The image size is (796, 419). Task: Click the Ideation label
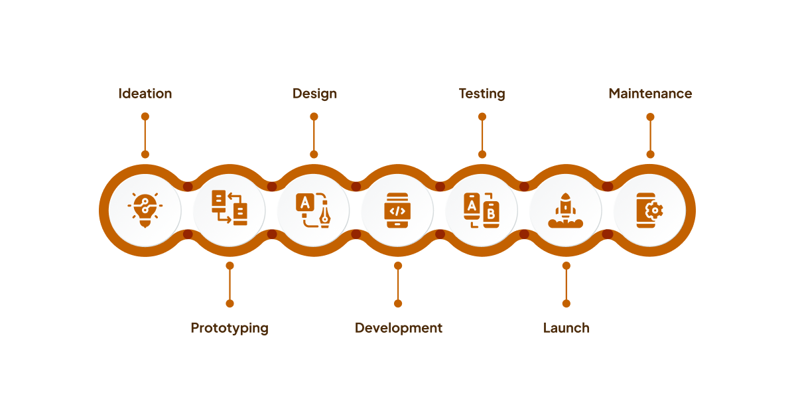click(145, 94)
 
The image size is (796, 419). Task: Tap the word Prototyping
click(230, 328)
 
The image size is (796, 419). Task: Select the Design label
click(314, 94)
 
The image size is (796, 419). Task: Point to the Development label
click(398, 328)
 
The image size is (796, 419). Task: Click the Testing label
click(482, 94)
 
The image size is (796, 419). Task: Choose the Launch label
click(566, 328)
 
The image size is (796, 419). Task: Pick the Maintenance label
click(650, 94)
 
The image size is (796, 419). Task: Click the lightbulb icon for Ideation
click(145, 209)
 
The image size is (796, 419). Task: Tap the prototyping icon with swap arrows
click(230, 208)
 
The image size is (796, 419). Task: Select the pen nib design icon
click(313, 210)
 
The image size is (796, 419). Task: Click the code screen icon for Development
click(397, 210)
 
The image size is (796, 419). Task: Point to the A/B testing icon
click(482, 210)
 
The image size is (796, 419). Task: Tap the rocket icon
click(566, 210)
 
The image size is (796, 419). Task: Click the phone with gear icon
click(649, 210)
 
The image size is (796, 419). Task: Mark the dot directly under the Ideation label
click(145, 117)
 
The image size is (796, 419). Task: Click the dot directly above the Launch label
click(566, 303)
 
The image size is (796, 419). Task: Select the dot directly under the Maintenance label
click(650, 117)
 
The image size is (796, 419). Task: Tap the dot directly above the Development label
click(398, 303)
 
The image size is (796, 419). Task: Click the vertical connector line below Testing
click(482, 135)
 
